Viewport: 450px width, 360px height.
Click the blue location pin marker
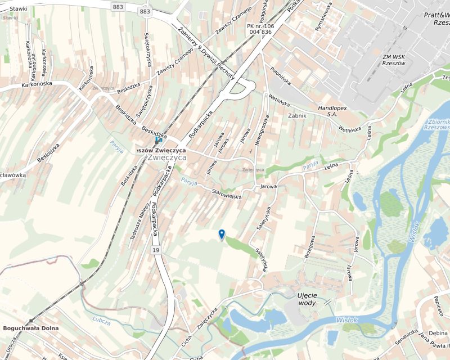[222, 235]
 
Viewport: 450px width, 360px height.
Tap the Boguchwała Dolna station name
[31, 328]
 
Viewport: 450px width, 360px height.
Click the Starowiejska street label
[226, 194]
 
